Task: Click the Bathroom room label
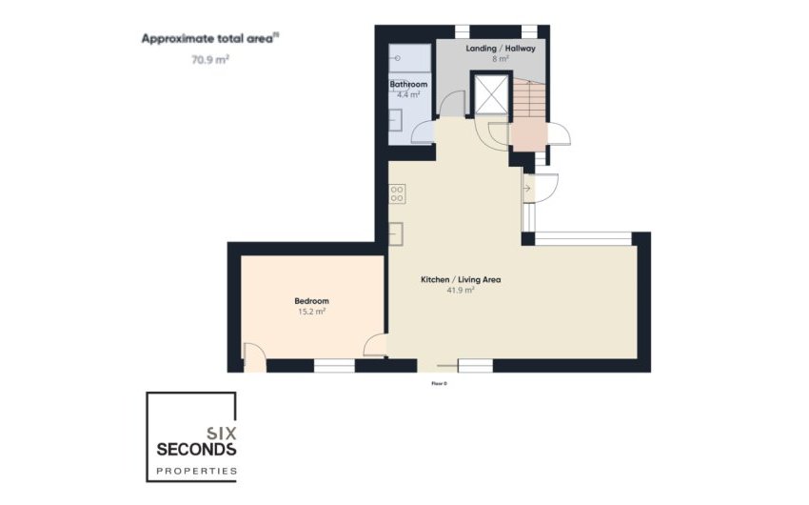408,85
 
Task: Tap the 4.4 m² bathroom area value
408,94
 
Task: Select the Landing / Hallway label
501,48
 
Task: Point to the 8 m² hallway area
501,58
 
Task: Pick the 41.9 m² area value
461,291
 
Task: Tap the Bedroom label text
311,301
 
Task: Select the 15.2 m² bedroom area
311,312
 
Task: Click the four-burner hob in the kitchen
398,193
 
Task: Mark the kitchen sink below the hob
398,232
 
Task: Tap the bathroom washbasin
395,120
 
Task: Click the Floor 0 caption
439,383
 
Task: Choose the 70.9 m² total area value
210,58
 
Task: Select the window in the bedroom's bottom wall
334,365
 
